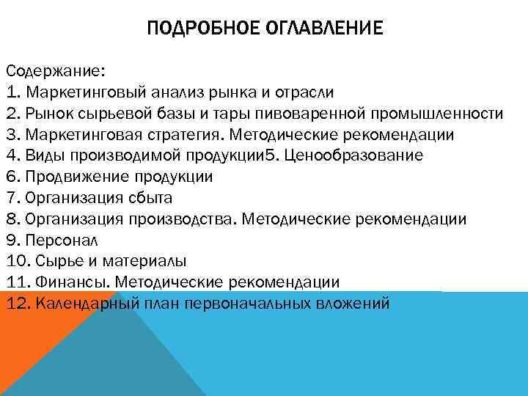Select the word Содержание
click(55, 72)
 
